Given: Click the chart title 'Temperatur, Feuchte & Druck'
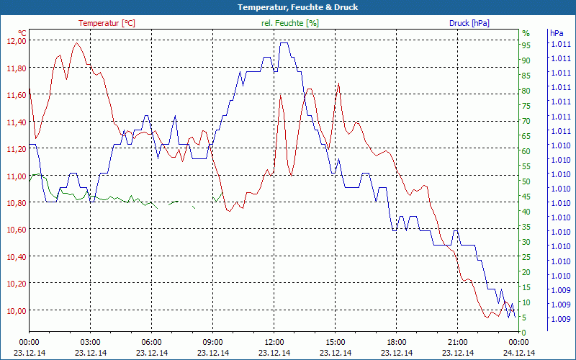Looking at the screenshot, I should [x=288, y=7].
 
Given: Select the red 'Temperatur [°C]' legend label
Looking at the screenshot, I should [x=107, y=23].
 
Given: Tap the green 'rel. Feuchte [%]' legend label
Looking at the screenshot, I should [x=290, y=23].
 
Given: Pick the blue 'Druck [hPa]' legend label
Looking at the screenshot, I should [x=469, y=23].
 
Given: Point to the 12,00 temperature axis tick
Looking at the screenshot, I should [x=15, y=41].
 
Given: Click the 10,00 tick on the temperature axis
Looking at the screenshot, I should [x=15, y=310].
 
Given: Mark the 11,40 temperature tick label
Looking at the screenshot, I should [x=15, y=122].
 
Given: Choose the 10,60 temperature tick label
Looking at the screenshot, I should [x=15, y=230].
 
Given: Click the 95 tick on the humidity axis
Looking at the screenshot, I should [x=526, y=45].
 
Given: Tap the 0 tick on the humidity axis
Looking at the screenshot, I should [x=524, y=333].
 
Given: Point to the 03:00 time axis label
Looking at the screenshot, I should [x=90, y=342].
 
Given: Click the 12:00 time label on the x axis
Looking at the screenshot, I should [x=274, y=342].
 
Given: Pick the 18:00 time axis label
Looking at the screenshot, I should [x=397, y=342].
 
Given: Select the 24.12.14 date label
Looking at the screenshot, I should [x=519, y=353].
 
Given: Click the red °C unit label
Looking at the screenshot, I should [x=22, y=33].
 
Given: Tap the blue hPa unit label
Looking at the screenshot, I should [x=557, y=33].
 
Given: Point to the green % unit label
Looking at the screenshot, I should [x=526, y=33].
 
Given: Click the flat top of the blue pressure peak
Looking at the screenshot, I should [x=284, y=43].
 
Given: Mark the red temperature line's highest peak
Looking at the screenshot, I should [x=76, y=43].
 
